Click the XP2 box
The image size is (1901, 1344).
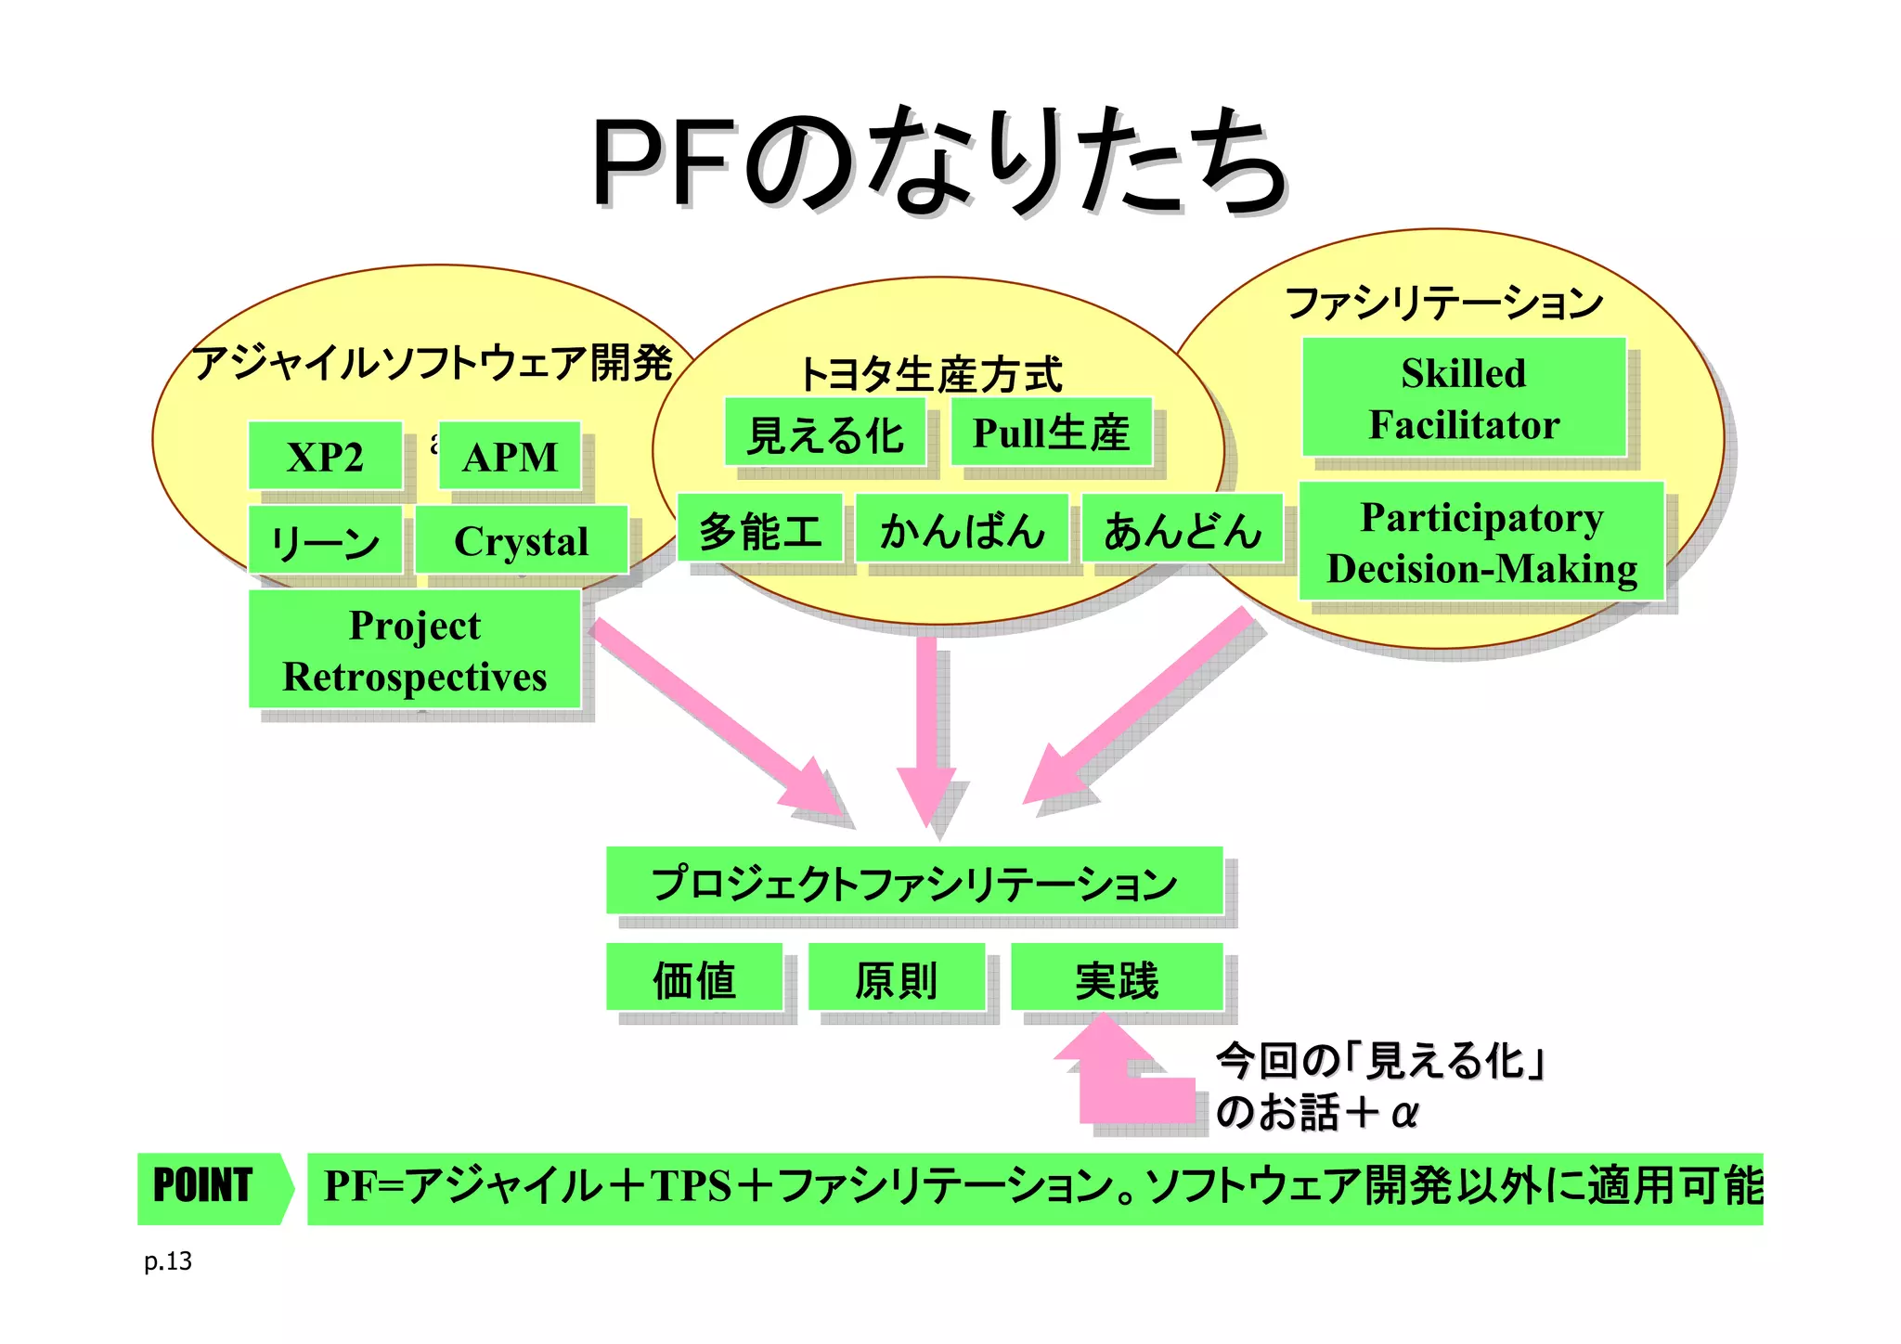[325, 456]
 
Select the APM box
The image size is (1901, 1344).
[510, 456]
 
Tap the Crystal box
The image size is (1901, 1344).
[521, 540]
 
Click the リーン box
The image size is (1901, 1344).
[325, 540]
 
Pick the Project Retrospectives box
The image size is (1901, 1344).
[414, 650]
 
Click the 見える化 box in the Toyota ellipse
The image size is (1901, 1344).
[825, 433]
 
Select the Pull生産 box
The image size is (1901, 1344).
[1051, 433]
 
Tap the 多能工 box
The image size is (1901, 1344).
[760, 528]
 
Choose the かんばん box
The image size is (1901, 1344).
[962, 528]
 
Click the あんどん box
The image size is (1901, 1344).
[1182, 528]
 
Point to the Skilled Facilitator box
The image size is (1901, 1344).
[1464, 397]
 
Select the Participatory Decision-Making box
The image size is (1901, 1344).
[1481, 542]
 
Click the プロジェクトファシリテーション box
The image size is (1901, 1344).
[914, 881]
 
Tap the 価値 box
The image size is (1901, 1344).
[694, 977]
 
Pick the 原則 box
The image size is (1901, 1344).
[896, 977]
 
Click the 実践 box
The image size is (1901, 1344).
[1117, 977]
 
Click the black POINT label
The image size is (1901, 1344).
[202, 1187]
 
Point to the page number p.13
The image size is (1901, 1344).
[168, 1261]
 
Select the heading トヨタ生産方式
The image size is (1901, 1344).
[931, 374]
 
